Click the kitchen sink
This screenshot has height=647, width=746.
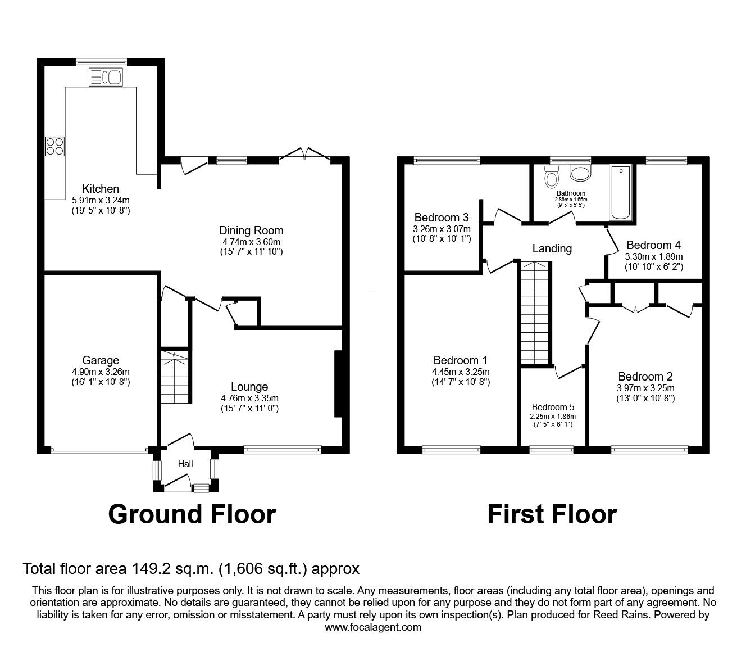pos(106,77)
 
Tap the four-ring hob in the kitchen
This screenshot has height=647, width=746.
pos(55,146)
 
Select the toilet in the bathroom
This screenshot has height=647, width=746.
pos(552,177)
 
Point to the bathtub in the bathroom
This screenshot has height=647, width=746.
pos(621,193)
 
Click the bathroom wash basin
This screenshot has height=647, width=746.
pos(580,173)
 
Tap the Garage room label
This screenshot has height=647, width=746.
pos(101,360)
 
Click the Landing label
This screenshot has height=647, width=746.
pos(552,248)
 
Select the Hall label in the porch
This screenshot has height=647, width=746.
pos(185,464)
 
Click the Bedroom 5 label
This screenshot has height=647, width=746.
pos(553,407)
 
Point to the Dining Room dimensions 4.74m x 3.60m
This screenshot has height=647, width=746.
pos(252,242)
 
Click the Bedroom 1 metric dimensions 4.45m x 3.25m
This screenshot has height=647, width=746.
pos(461,372)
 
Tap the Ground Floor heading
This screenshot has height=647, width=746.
pos(192,514)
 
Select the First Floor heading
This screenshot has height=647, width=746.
pos(552,514)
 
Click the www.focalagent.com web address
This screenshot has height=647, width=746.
pos(373,627)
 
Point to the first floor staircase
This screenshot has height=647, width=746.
pos(535,313)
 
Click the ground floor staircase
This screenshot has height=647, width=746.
pos(175,377)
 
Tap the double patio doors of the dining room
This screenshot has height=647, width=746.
pos(305,154)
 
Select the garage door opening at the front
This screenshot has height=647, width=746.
pos(99,450)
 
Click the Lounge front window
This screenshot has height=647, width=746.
pos(283,450)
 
